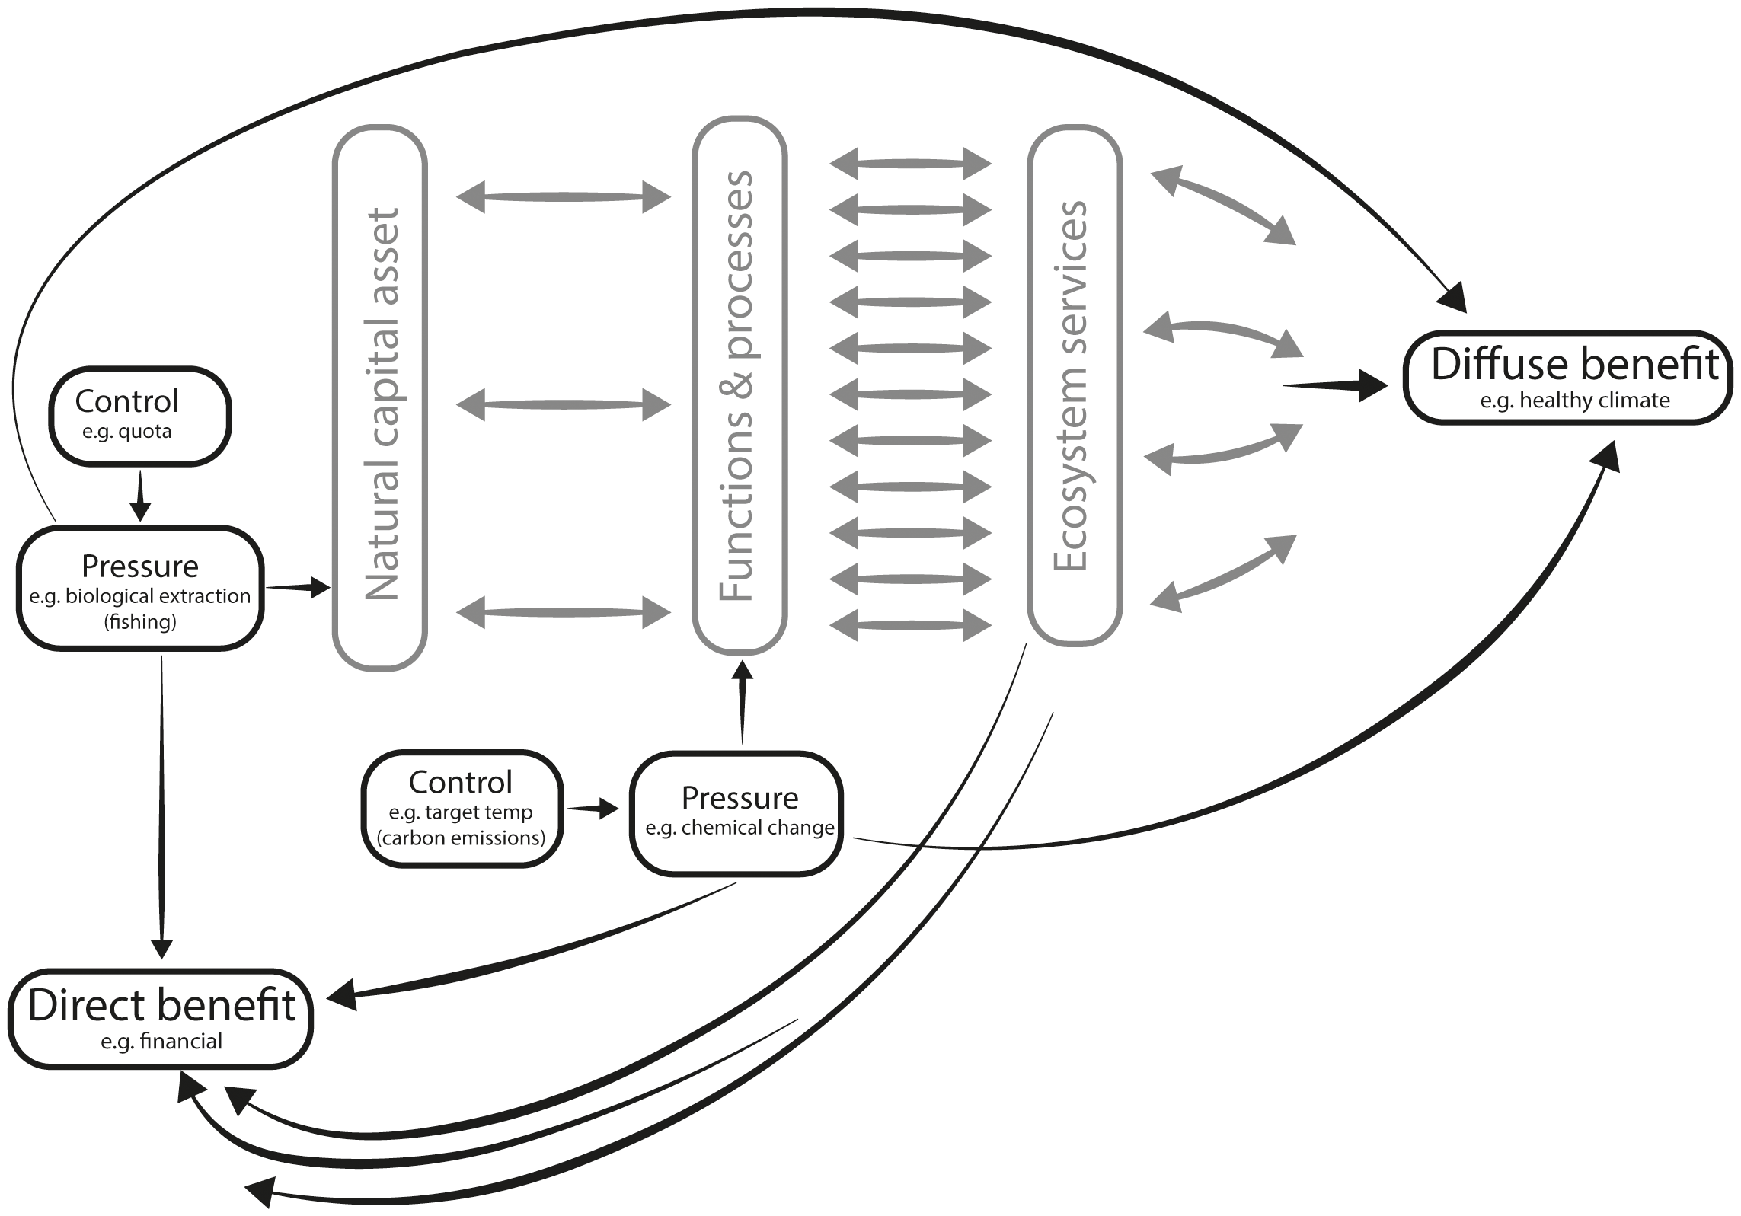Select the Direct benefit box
(x=161, y=1018)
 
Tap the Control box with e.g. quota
(x=140, y=416)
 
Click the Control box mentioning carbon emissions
(x=462, y=809)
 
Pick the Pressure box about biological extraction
(x=140, y=588)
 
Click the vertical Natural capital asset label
(x=380, y=404)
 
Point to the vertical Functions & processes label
(x=736, y=385)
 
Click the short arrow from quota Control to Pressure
(x=140, y=496)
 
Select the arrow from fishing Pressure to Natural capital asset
(x=297, y=587)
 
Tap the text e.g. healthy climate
(x=1574, y=401)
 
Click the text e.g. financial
(x=161, y=1041)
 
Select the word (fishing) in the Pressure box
(x=140, y=622)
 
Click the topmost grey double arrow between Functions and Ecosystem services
(x=910, y=164)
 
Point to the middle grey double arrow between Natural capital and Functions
(x=564, y=404)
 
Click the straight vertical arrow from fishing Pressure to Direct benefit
(x=161, y=807)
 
